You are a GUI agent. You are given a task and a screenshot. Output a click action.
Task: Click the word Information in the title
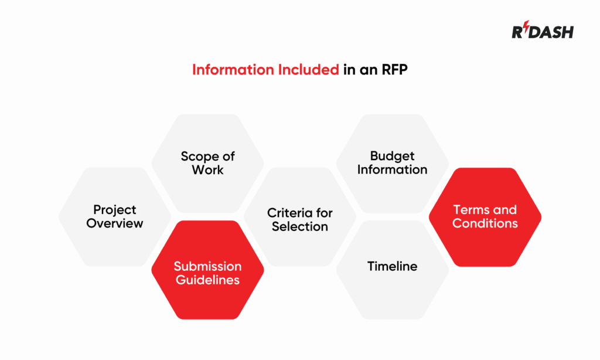tap(229, 70)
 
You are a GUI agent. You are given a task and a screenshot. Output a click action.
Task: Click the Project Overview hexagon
tap(115, 216)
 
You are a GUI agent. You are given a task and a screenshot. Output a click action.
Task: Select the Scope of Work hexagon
tap(207, 163)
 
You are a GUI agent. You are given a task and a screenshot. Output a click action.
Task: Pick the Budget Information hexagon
tap(393, 163)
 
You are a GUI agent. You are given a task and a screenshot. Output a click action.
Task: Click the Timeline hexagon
tap(393, 270)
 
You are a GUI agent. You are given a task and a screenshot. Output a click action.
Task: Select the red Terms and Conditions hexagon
tap(485, 217)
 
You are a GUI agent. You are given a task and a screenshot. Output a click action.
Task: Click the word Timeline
tap(393, 266)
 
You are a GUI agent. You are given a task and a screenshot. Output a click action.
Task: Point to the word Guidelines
tap(208, 280)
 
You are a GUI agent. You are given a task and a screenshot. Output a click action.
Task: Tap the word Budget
tap(393, 156)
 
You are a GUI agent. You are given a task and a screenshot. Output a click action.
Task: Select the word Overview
tap(115, 223)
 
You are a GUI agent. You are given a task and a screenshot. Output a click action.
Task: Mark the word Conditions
tap(485, 223)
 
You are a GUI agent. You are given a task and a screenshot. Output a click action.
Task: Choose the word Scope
tap(196, 156)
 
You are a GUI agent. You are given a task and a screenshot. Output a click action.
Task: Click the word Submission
tap(207, 266)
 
